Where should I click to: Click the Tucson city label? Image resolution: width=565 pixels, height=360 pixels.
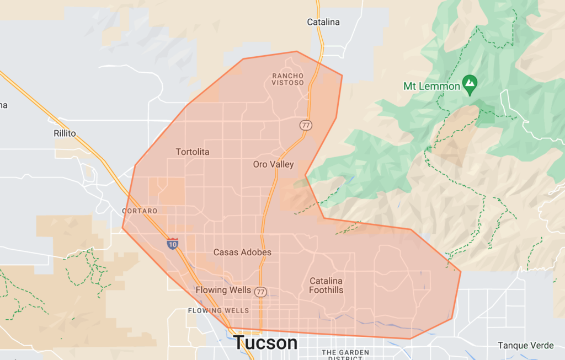coord(265,342)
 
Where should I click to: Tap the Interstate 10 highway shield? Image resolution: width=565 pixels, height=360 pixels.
coord(173,244)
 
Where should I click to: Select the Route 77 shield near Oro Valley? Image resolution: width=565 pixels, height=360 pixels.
coord(306,125)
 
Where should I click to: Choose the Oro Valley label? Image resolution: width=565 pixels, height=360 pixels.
coord(273,164)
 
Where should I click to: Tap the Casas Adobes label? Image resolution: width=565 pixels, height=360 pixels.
coord(242,252)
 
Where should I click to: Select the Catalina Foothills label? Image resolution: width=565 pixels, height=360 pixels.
coord(326,286)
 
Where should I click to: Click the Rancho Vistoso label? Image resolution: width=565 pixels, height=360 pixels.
coord(287,79)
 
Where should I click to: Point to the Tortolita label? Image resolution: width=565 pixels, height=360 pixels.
coord(193,152)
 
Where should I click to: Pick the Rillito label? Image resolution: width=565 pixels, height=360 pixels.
coord(65,133)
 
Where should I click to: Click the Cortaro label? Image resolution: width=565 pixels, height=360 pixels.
coord(140,211)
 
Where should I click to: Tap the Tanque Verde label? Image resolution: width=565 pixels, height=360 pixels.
coord(525,346)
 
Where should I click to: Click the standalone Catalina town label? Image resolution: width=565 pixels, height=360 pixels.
coord(323,23)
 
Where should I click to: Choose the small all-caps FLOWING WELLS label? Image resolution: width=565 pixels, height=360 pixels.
coord(218,310)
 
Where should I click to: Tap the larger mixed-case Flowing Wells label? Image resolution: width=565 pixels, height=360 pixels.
coord(223,291)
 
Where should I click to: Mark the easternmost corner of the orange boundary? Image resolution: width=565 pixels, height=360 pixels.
coord(461,271)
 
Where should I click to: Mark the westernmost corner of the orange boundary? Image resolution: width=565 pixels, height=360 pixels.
coord(122,228)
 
